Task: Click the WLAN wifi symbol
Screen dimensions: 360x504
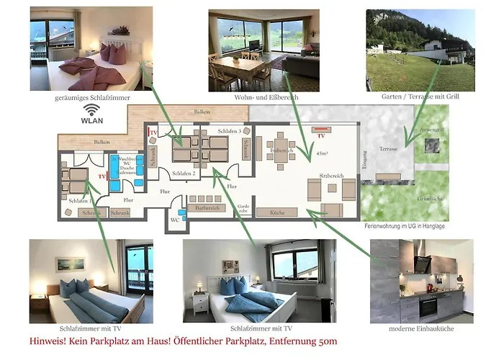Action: click(x=91, y=109)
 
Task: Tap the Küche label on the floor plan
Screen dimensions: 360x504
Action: click(x=278, y=212)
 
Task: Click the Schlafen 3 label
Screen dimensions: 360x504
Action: click(x=229, y=131)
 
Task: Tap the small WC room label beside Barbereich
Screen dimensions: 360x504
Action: click(x=175, y=220)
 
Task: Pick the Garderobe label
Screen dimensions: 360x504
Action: click(x=243, y=207)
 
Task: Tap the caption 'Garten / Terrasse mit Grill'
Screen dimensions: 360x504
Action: click(x=420, y=96)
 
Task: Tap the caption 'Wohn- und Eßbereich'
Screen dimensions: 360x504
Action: click(x=266, y=96)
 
